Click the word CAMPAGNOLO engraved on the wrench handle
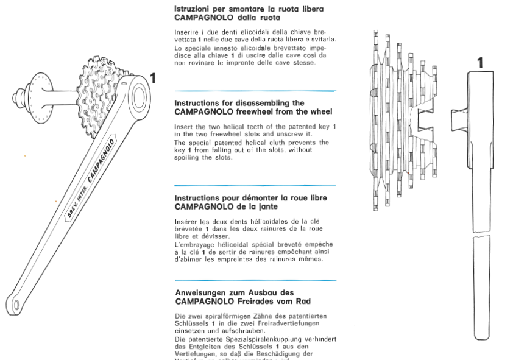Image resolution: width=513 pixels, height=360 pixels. pyautogui.click(x=102, y=160)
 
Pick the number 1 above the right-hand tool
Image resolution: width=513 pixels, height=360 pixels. pyautogui.click(x=480, y=62)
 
